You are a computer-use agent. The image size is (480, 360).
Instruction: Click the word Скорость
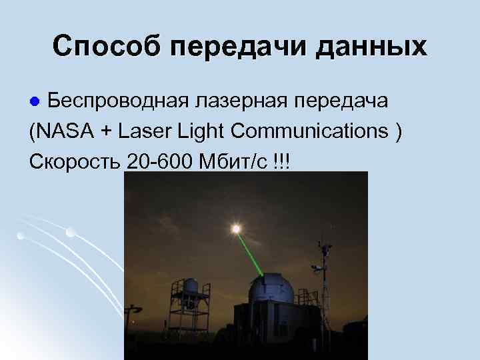(x=75, y=161)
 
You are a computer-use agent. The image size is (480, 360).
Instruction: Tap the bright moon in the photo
(x=235, y=229)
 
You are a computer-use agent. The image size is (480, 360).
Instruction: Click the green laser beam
(x=251, y=252)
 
